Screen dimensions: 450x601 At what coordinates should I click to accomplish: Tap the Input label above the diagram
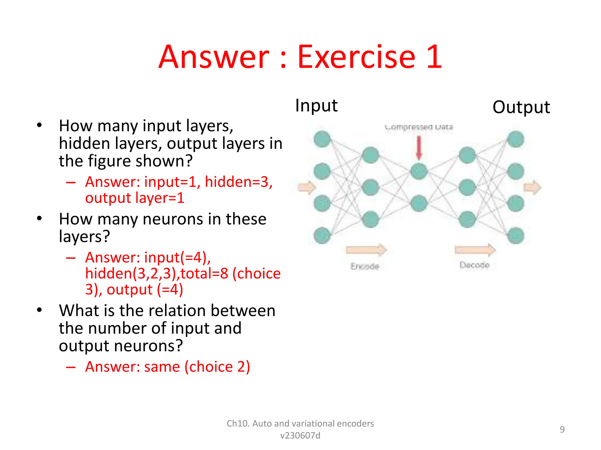click(x=316, y=105)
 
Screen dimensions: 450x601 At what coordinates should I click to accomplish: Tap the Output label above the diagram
click(x=521, y=107)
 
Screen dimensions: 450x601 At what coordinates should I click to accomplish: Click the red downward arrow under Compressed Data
click(x=419, y=148)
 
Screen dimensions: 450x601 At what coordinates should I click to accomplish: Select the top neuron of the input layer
click(x=322, y=139)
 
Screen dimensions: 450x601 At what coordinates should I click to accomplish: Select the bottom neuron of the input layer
click(x=322, y=235)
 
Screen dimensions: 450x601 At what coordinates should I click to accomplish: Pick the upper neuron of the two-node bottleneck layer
click(x=419, y=171)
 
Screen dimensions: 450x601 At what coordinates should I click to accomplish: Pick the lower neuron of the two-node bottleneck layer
click(x=419, y=203)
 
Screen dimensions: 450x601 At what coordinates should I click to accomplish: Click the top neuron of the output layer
click(x=516, y=139)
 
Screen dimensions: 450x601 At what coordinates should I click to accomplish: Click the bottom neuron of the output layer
click(x=516, y=236)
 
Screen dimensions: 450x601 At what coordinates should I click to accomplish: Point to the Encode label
click(x=365, y=266)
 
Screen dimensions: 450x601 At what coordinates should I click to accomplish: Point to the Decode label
click(x=474, y=265)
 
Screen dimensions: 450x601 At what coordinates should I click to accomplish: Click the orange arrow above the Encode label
click(x=366, y=250)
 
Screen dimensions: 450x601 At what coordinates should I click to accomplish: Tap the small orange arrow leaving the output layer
click(x=532, y=187)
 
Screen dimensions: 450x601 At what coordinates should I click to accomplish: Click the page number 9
click(x=562, y=429)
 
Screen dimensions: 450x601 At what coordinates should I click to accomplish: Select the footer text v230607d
click(x=300, y=436)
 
